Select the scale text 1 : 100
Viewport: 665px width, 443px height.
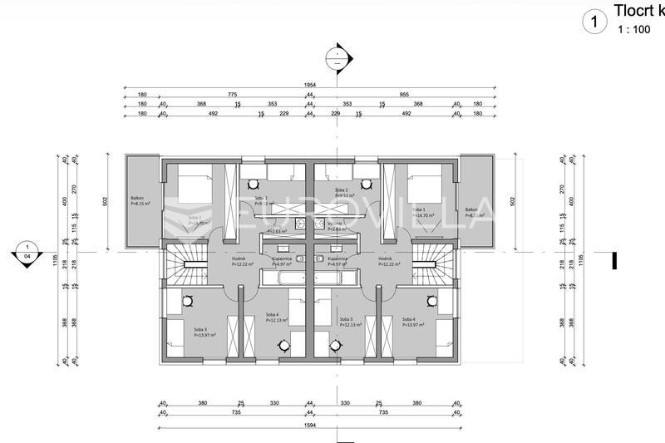[633, 29]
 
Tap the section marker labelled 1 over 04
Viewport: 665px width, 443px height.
[27, 252]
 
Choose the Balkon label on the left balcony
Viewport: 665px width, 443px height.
[136, 199]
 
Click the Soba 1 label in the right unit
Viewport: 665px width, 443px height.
[418, 209]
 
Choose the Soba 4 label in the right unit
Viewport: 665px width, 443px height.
[409, 319]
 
